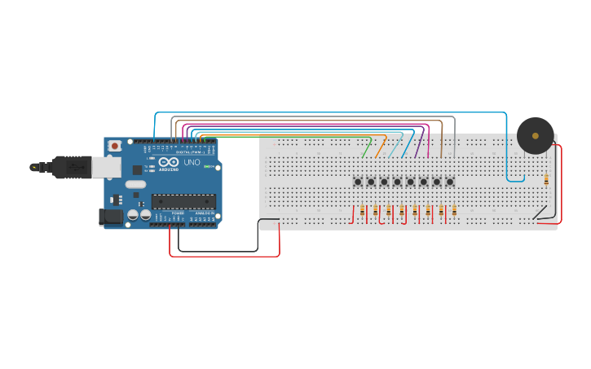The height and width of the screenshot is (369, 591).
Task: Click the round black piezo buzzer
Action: (x=535, y=135)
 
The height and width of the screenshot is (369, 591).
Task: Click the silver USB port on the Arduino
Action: (x=105, y=167)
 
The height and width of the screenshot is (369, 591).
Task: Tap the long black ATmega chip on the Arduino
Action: (x=183, y=201)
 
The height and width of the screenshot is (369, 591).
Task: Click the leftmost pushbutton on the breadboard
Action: (x=358, y=182)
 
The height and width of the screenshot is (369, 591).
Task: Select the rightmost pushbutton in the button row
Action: (x=449, y=182)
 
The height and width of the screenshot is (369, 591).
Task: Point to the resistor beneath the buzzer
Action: (x=546, y=180)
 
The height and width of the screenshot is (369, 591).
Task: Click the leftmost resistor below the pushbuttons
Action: (x=362, y=211)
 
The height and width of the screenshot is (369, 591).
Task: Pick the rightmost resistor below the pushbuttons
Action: (x=453, y=211)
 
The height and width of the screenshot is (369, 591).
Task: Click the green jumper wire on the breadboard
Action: (x=366, y=149)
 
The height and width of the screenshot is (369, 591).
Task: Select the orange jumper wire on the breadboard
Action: (x=380, y=148)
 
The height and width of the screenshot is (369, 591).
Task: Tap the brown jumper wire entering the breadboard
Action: (x=441, y=138)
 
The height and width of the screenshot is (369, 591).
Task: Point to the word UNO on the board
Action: (x=192, y=163)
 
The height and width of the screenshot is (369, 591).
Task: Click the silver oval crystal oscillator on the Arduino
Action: (x=135, y=184)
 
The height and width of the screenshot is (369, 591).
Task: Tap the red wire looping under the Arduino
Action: (x=224, y=256)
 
